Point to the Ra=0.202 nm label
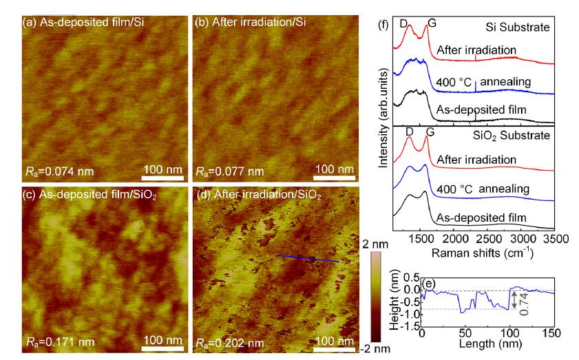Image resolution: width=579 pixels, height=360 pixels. [230, 341]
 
